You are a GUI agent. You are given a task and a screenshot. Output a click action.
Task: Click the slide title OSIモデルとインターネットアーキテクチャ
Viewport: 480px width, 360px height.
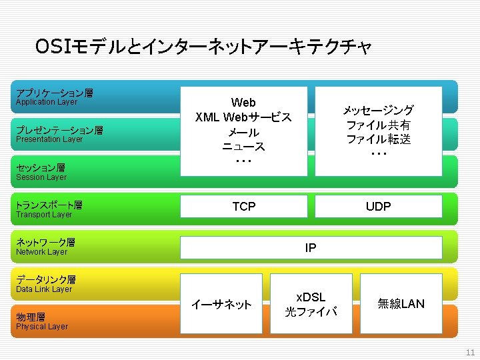[203, 47]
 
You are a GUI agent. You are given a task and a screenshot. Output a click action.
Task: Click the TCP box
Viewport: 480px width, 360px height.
[243, 207]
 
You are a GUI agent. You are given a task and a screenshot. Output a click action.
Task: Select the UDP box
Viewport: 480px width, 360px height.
[378, 207]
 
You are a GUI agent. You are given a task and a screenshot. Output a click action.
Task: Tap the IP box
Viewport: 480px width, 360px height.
[311, 248]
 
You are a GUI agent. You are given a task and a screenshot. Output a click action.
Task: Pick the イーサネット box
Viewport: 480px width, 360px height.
[221, 305]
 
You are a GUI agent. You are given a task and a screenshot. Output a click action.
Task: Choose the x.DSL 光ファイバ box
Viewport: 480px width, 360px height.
[311, 304]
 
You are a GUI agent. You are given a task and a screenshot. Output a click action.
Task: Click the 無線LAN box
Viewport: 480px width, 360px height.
[401, 304]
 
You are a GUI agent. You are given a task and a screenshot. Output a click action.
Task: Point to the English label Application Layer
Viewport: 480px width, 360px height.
[47, 102]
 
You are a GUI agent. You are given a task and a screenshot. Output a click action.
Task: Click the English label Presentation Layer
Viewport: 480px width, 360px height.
[49, 139]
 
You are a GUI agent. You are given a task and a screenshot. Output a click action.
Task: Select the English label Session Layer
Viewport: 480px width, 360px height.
[41, 177]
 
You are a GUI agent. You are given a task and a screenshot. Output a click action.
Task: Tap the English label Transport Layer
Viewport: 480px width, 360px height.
[44, 215]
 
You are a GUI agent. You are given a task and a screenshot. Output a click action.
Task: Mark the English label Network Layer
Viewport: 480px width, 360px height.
[42, 252]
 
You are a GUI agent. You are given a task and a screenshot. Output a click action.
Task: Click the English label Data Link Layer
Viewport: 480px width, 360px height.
[44, 289]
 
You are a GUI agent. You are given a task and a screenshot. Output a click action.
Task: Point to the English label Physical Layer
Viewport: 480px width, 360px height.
[42, 327]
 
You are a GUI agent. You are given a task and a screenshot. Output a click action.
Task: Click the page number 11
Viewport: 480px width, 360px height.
[470, 353]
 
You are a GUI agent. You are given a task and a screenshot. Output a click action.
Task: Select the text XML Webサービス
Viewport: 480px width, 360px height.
[243, 117]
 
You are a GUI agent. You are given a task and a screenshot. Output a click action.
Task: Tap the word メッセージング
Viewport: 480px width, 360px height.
[378, 110]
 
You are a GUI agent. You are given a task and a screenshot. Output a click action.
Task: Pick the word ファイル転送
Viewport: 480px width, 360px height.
[378, 139]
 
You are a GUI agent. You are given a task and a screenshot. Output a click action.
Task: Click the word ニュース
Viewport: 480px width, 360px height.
[243, 147]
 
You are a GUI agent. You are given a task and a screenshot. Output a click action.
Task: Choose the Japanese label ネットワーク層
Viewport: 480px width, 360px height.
[45, 243]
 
